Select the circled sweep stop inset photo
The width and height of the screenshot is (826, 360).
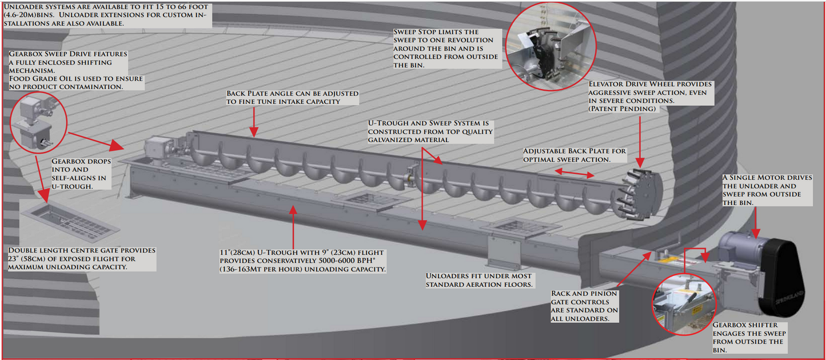[x=550, y=46]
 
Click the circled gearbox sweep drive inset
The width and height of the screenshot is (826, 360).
[x=38, y=122]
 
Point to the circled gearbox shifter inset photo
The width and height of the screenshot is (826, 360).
[x=684, y=304]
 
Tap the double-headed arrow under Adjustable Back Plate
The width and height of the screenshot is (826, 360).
[x=574, y=173]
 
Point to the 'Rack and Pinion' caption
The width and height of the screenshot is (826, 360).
[x=584, y=293]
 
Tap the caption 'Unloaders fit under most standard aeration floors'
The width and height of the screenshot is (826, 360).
[x=479, y=280]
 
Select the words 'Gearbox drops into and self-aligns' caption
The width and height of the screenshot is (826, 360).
[x=81, y=174]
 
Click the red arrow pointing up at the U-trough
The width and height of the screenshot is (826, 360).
[x=293, y=227]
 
